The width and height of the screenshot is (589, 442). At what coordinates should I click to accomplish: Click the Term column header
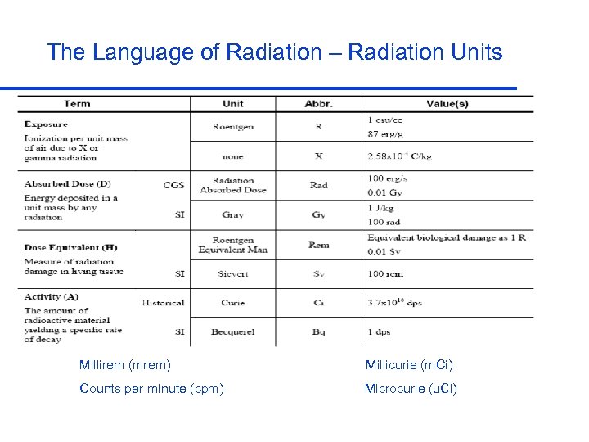point(77,104)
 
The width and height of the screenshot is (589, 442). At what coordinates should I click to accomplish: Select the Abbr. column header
point(318,104)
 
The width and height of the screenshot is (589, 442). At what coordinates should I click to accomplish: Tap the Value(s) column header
point(447,104)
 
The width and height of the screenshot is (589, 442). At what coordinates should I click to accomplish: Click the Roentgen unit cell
point(232,127)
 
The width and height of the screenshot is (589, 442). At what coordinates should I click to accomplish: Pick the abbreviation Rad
point(318,185)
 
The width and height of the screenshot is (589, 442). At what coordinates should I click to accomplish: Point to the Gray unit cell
point(232,214)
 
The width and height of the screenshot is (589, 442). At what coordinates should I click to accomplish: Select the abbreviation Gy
point(318,214)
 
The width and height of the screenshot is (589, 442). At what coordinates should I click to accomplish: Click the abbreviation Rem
point(318,245)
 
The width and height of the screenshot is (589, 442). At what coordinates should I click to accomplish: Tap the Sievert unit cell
point(232,273)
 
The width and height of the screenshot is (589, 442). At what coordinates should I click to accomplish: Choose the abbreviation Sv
point(318,273)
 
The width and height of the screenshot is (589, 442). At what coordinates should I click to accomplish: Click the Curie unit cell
point(232,303)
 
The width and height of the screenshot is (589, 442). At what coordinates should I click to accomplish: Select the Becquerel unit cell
point(232,331)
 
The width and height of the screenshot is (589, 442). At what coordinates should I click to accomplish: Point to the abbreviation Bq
point(318,331)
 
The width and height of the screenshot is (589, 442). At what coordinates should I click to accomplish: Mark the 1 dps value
point(379,331)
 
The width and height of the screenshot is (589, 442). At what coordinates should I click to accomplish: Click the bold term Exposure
point(46,124)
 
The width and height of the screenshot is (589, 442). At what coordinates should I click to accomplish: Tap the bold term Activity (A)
point(52,296)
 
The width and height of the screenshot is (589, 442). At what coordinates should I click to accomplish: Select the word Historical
point(163,303)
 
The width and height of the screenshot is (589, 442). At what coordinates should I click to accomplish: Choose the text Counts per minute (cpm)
point(151,388)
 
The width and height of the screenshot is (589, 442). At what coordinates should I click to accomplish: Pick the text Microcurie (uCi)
point(411,388)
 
